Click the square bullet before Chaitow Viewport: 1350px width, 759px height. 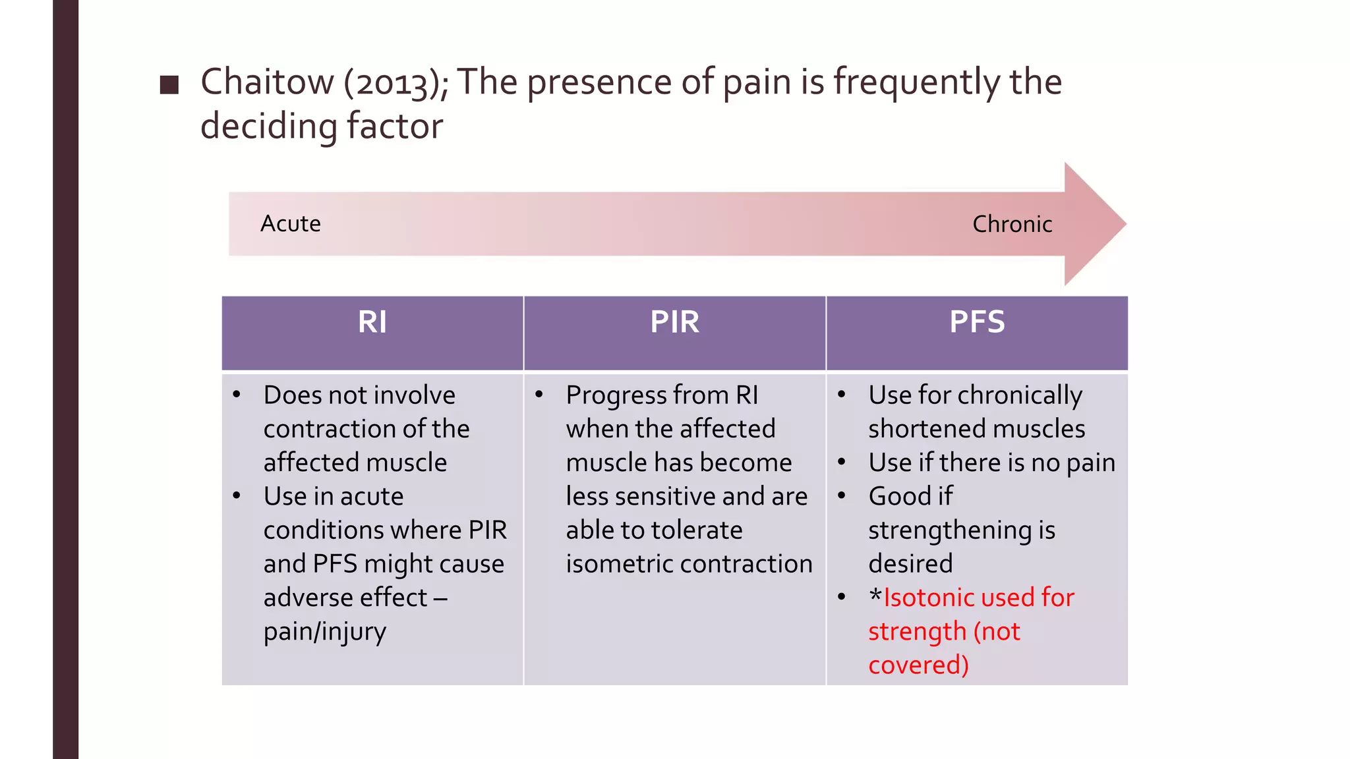[169, 85]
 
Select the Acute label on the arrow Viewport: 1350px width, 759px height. [290, 224]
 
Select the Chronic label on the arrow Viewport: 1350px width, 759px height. [1012, 224]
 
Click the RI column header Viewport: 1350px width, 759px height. [372, 322]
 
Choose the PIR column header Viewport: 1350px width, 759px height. [674, 322]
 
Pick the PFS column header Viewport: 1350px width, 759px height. [977, 322]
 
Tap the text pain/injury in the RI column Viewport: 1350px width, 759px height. [324, 632]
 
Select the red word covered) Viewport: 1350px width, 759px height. [918, 665]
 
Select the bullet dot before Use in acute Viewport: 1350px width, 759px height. [237, 495]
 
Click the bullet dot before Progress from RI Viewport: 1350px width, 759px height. [539, 395]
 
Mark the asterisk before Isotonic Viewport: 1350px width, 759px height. [875, 596]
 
